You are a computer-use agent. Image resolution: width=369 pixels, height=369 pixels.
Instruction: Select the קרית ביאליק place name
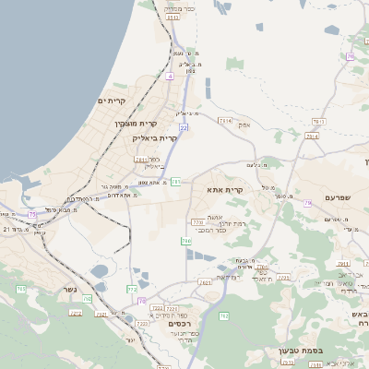pos(154,138)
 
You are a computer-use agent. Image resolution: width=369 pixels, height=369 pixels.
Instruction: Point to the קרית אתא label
pos(225,189)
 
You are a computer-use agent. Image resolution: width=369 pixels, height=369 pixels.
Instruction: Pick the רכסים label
pos(178,324)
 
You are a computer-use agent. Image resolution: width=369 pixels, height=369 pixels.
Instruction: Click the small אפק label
pos(244,125)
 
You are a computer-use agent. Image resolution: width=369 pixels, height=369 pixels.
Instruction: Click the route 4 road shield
pos(170,77)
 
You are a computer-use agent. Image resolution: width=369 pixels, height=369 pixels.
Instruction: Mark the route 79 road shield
pos(351,57)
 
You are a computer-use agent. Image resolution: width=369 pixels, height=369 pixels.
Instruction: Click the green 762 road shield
pos(223,316)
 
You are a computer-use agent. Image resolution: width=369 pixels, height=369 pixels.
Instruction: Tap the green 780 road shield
pos(186,242)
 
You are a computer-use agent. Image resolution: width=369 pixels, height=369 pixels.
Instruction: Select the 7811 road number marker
pos(319,121)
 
